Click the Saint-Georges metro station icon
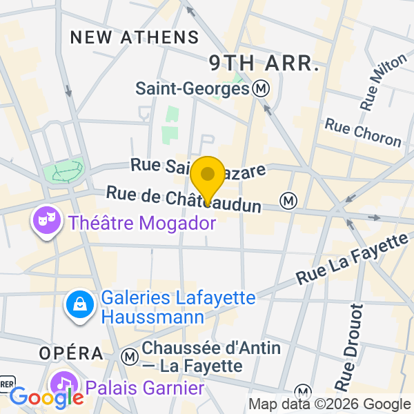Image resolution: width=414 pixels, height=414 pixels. click(x=261, y=88)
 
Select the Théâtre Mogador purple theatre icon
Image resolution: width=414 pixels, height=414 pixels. click(x=47, y=222)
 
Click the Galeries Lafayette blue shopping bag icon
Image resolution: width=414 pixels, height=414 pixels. click(x=80, y=305)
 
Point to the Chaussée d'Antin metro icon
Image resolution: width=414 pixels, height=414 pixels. click(x=128, y=357)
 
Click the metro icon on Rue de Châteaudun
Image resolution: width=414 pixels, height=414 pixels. click(x=288, y=201)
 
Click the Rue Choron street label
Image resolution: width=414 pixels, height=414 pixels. click(x=362, y=132)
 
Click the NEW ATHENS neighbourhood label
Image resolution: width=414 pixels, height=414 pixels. click(x=135, y=37)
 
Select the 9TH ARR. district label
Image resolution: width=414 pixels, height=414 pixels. click(x=264, y=63)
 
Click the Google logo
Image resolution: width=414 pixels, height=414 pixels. click(x=46, y=398)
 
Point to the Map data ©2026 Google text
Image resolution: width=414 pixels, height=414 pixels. click(x=329, y=404)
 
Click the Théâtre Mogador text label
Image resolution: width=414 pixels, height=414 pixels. click(x=142, y=223)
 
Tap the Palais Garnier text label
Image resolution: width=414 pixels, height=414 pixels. click(x=145, y=388)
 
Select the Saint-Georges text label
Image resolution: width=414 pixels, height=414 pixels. click(x=191, y=88)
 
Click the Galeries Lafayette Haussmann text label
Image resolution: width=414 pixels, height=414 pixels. click(x=177, y=308)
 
